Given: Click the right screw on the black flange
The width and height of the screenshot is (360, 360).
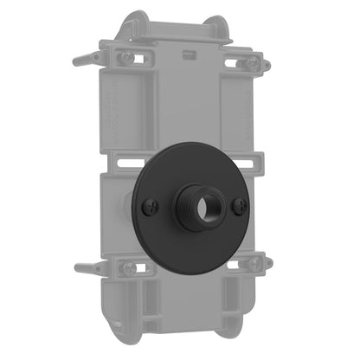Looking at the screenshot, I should pos(242,204).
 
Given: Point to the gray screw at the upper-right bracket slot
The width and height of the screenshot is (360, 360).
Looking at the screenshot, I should pos(252,63).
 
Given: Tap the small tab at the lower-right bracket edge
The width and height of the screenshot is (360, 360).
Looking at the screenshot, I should pos(268,262).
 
